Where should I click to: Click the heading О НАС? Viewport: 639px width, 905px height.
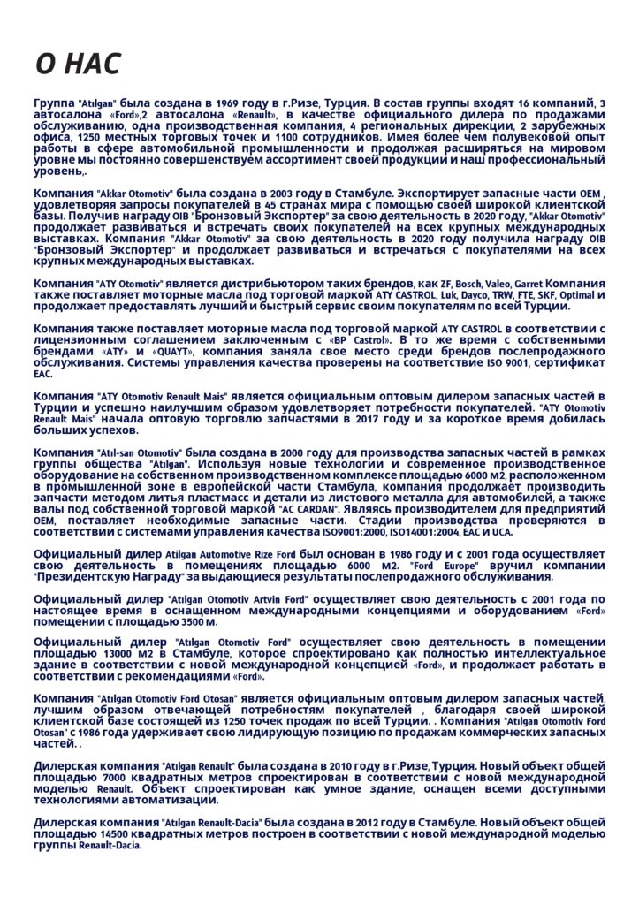click(77, 64)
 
